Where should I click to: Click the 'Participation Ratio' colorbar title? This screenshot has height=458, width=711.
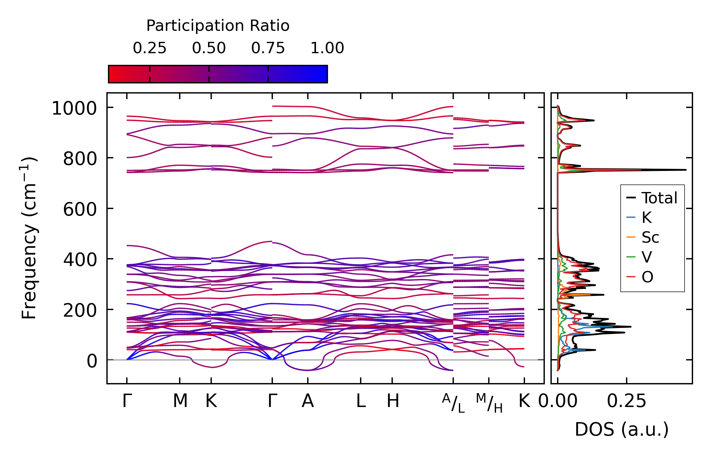click(218, 26)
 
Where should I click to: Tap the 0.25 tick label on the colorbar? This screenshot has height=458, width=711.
click(150, 48)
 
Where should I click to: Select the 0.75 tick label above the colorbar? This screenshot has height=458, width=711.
click(268, 48)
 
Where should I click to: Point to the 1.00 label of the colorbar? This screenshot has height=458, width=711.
click(327, 48)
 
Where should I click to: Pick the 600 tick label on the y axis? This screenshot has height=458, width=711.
click(80, 210)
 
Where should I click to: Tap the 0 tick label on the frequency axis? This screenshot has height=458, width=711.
click(92, 361)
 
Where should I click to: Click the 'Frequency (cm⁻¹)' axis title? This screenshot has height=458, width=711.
click(29, 238)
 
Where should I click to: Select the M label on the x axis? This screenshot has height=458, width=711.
click(180, 401)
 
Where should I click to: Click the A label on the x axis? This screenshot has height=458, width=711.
click(308, 401)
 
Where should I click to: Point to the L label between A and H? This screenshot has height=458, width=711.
click(361, 401)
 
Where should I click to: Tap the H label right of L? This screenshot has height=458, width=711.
click(393, 401)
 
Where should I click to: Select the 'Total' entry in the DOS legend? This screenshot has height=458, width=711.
click(659, 198)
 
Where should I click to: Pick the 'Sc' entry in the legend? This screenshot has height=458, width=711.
click(650, 237)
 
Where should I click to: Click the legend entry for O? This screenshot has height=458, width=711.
click(647, 277)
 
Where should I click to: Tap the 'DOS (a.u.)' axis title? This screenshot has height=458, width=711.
click(622, 430)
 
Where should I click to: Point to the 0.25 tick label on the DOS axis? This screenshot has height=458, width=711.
click(626, 401)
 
